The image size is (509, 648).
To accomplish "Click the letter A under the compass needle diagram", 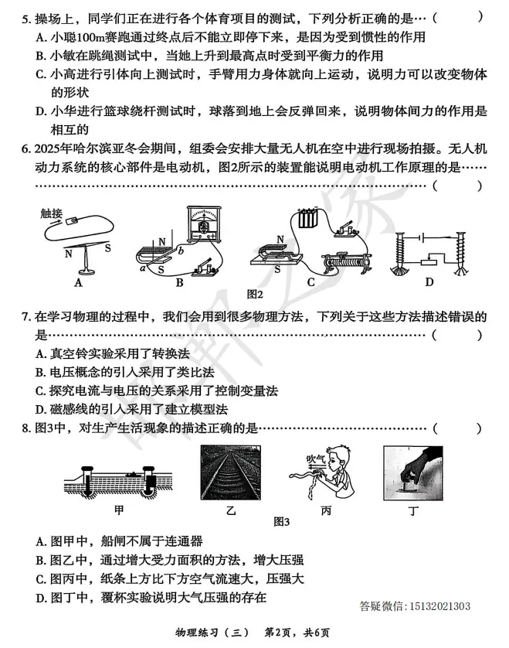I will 78,283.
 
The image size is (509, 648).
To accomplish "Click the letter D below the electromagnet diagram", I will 429,283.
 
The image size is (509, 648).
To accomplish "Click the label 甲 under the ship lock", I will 118,510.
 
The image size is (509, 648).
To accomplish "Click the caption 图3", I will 281,522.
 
